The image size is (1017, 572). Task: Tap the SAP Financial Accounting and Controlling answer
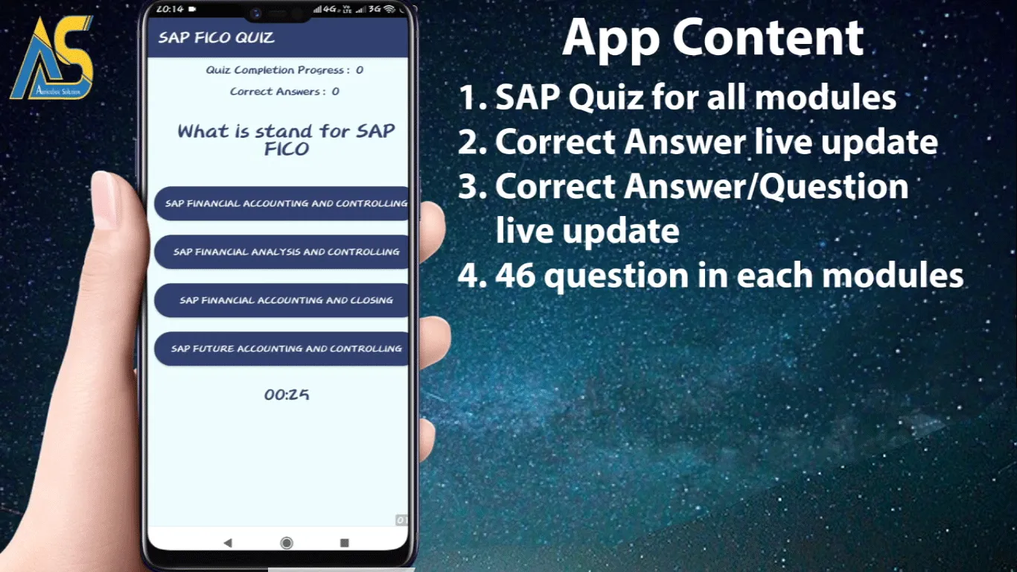click(x=283, y=203)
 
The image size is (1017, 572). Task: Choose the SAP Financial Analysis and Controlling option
click(x=283, y=252)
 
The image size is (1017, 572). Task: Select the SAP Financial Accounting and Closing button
click(x=283, y=300)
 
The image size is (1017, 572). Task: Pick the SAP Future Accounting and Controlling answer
click(x=283, y=349)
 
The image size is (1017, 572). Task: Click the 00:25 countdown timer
click(x=287, y=395)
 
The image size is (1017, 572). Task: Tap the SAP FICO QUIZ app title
click(x=216, y=38)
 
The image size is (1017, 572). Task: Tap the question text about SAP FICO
click(x=286, y=139)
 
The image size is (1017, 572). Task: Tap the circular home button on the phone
click(x=287, y=543)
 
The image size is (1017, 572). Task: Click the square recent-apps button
click(x=344, y=543)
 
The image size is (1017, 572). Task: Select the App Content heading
click(x=712, y=38)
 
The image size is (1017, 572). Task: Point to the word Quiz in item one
click(x=603, y=98)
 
